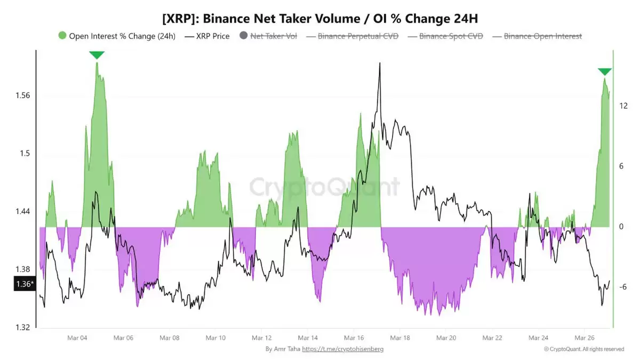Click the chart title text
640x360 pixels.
[x=320, y=19]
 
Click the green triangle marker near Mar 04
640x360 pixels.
[x=97, y=55]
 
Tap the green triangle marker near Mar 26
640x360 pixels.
[x=604, y=72]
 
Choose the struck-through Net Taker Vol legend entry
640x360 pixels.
[x=273, y=36]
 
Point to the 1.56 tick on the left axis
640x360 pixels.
[x=23, y=96]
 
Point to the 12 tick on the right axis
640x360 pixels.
[x=622, y=106]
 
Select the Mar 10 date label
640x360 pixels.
[x=215, y=338]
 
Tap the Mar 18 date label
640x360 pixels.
[x=399, y=338]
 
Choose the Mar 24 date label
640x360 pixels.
[x=538, y=338]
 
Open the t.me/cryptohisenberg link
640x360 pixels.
[x=342, y=349]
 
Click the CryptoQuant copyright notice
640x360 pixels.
[x=583, y=349]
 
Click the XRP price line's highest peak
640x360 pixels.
[x=380, y=63]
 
